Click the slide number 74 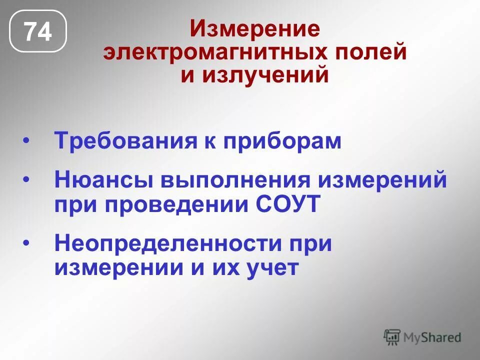pos(38,32)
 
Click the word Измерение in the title pos(254,29)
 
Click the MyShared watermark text pos(433,337)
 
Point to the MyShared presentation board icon pos(392,337)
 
